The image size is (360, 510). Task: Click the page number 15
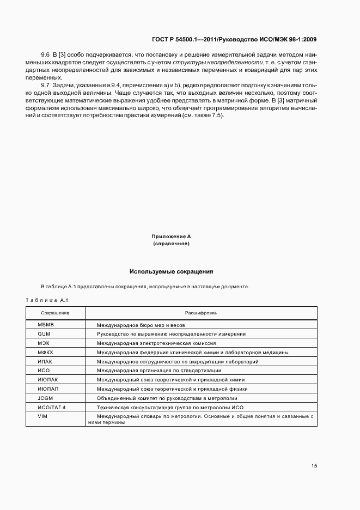click(x=314, y=466)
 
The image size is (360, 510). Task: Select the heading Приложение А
click(x=171, y=236)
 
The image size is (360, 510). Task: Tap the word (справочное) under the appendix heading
click(x=171, y=244)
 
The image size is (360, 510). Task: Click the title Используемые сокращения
click(x=171, y=271)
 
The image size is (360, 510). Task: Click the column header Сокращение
click(x=55, y=313)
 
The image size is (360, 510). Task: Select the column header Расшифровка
click(x=201, y=313)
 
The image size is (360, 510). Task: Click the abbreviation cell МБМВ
click(x=45, y=325)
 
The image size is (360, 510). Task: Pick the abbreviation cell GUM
click(x=44, y=334)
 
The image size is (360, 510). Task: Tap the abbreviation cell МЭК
click(x=44, y=343)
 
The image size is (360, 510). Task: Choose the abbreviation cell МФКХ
click(x=45, y=353)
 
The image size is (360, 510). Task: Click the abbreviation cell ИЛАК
click(x=45, y=362)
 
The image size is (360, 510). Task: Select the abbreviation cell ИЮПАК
click(x=46, y=380)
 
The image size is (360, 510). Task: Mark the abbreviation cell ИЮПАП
click(x=46, y=389)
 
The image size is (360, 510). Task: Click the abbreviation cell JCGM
click(x=45, y=398)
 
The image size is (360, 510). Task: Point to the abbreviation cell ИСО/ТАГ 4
click(x=51, y=408)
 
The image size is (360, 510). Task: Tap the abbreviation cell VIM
click(x=42, y=416)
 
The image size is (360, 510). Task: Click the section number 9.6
click(x=45, y=56)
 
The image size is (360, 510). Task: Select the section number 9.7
click(x=45, y=86)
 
